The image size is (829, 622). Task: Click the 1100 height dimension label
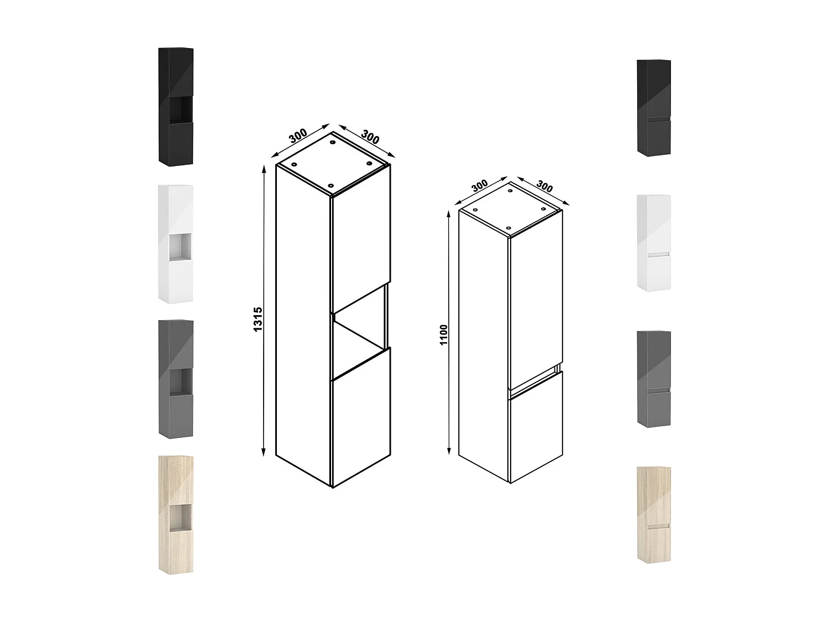pyautogui.click(x=444, y=334)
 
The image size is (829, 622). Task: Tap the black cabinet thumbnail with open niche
pyautogui.click(x=176, y=106)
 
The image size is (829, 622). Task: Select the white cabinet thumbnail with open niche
pyautogui.click(x=176, y=244)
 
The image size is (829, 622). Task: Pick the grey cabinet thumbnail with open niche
pyautogui.click(x=176, y=379)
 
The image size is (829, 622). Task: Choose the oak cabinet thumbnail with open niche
pyautogui.click(x=176, y=515)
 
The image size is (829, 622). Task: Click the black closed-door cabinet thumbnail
pyautogui.click(x=654, y=108)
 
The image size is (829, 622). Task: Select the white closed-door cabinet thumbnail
pyautogui.click(x=654, y=243)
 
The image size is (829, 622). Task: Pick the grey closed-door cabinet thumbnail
pyautogui.click(x=654, y=379)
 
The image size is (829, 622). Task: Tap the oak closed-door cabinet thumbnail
pyautogui.click(x=654, y=515)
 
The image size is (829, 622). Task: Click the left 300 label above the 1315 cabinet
pyautogui.click(x=298, y=136)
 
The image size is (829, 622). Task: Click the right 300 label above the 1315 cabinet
pyautogui.click(x=370, y=137)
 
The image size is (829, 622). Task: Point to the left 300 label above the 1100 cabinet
pyautogui.click(x=480, y=186)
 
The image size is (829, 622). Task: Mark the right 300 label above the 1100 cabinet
pyautogui.click(x=545, y=186)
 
